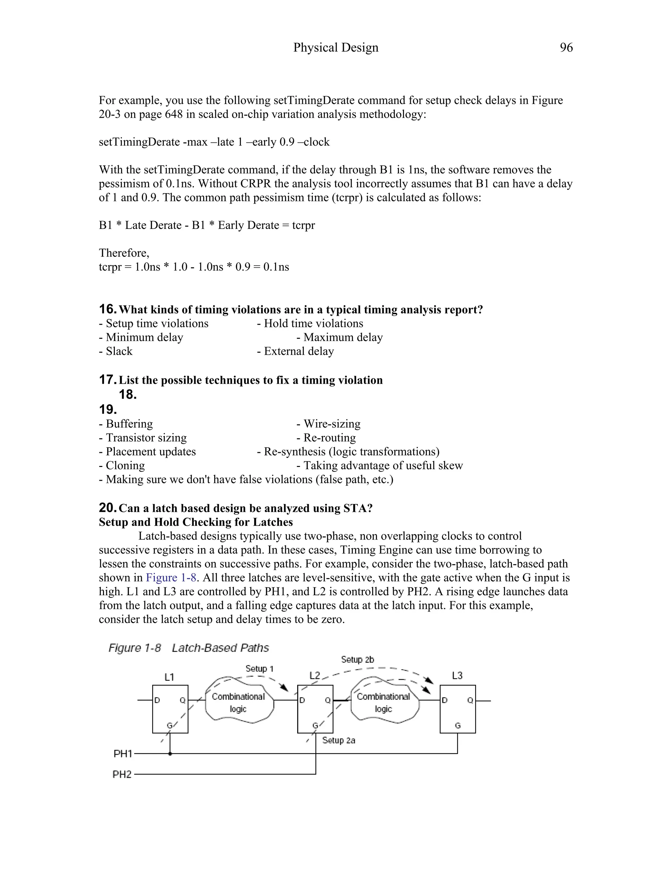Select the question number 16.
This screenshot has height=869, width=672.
[x=108, y=309]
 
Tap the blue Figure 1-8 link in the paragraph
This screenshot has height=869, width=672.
[x=171, y=577]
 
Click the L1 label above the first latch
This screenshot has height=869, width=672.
[x=169, y=677]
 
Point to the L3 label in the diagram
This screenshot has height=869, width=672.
[x=457, y=675]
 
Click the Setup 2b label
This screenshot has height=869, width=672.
[x=358, y=659]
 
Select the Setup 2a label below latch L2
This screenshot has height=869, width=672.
[x=338, y=740]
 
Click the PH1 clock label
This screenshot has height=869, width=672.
[x=123, y=754]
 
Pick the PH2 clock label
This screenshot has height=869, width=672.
[x=122, y=774]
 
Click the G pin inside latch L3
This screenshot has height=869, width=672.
[x=457, y=725]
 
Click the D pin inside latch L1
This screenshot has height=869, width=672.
[x=157, y=700]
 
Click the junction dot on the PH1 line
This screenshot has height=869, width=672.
[x=170, y=754]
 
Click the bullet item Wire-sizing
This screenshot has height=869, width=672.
[x=328, y=423]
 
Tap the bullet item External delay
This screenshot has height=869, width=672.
[x=295, y=351]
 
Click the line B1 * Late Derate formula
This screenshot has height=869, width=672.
[x=207, y=225]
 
